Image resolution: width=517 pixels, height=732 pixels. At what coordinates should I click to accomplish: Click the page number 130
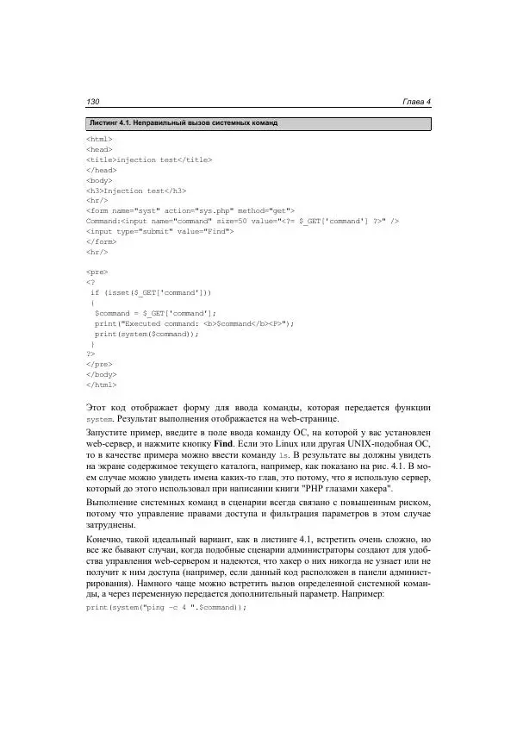click(x=96, y=103)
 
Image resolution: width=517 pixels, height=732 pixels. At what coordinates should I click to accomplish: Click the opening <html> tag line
click(x=100, y=140)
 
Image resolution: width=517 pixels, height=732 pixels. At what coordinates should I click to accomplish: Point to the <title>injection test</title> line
click(x=149, y=160)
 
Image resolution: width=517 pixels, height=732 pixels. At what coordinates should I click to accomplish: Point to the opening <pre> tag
click(x=97, y=272)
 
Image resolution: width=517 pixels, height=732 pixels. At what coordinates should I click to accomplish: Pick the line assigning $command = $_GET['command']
click(x=155, y=313)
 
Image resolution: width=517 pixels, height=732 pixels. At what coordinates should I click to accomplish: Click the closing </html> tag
click(x=102, y=385)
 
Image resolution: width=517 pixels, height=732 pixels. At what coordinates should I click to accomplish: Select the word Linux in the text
click(x=313, y=452)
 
